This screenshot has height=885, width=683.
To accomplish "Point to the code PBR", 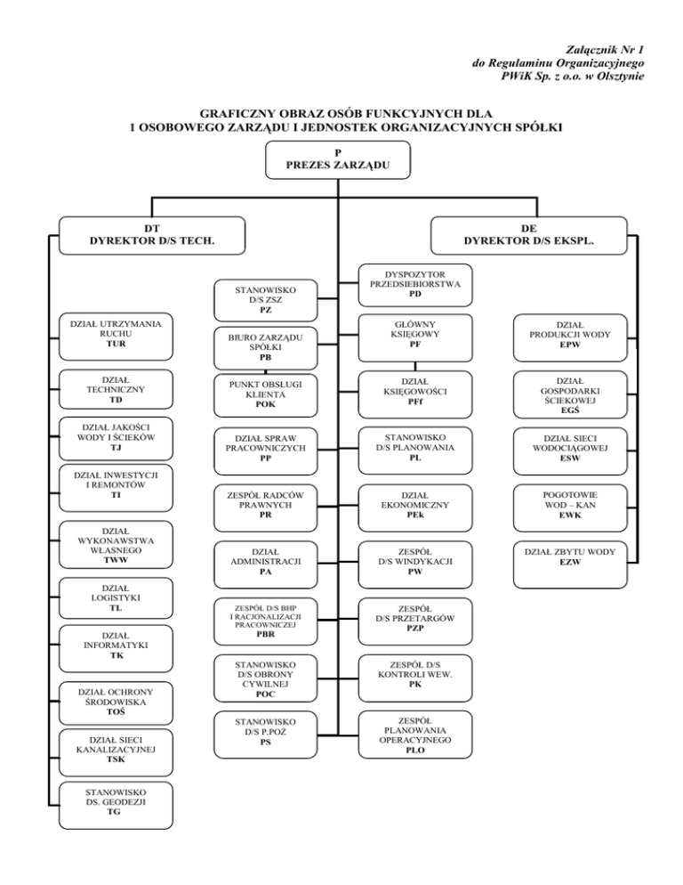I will click(x=266, y=636).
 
